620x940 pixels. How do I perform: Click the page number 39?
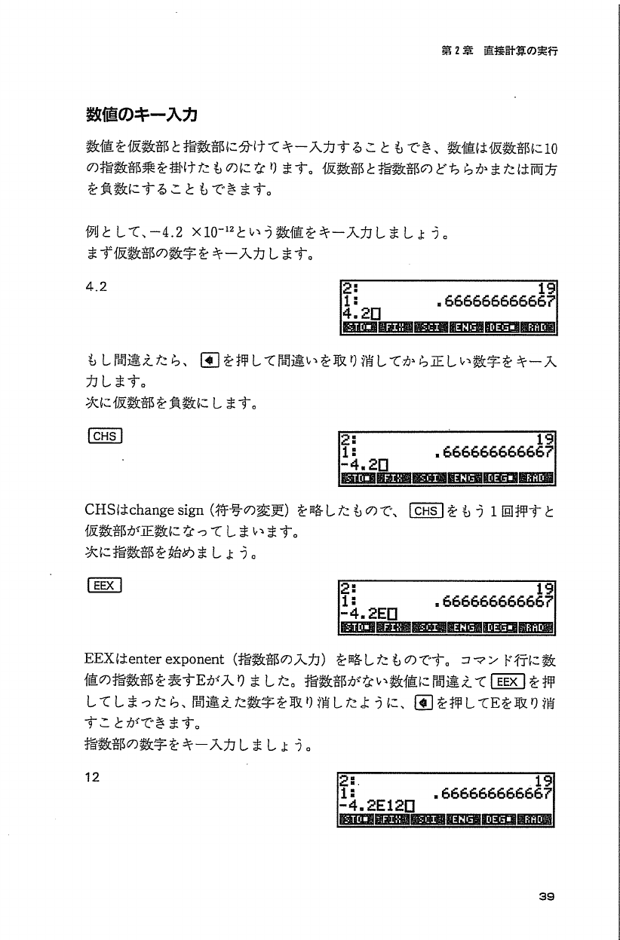pyautogui.click(x=547, y=896)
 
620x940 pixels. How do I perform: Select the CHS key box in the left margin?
pyautogui.click(x=105, y=436)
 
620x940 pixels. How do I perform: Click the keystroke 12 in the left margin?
pyautogui.click(x=94, y=778)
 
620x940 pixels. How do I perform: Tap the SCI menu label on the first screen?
pyautogui.click(x=428, y=328)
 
